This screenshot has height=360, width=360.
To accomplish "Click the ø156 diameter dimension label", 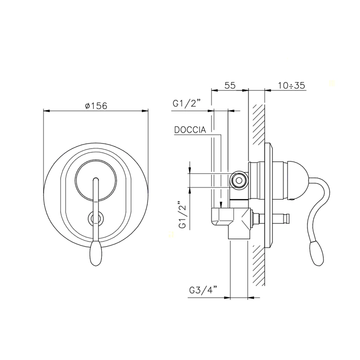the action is pyautogui.click(x=96, y=106).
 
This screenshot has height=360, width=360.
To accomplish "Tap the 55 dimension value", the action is pyautogui.click(x=230, y=85).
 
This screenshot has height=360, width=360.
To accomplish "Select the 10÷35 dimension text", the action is pyautogui.click(x=292, y=85).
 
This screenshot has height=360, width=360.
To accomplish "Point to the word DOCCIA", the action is pyautogui.click(x=190, y=130).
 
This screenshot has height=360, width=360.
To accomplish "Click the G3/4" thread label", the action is pyautogui.click(x=203, y=291).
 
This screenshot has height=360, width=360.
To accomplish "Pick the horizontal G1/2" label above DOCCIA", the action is pyautogui.click(x=187, y=104).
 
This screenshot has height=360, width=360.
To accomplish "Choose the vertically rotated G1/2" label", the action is pyautogui.click(x=183, y=214).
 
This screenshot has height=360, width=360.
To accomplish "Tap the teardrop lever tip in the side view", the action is pyautogui.click(x=316, y=253).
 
